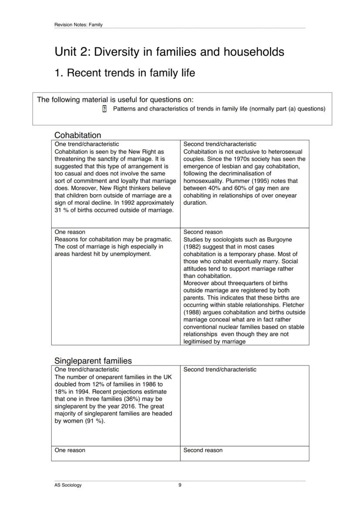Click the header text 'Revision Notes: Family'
(78, 25)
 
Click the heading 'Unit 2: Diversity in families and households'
(169, 52)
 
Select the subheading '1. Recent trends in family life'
(124, 73)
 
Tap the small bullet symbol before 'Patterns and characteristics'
(104, 109)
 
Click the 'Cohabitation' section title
(77, 135)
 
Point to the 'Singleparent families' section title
(93, 360)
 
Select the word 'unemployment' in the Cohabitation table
(130, 254)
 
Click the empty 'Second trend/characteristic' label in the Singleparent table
(220, 370)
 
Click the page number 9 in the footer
(180, 485)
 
